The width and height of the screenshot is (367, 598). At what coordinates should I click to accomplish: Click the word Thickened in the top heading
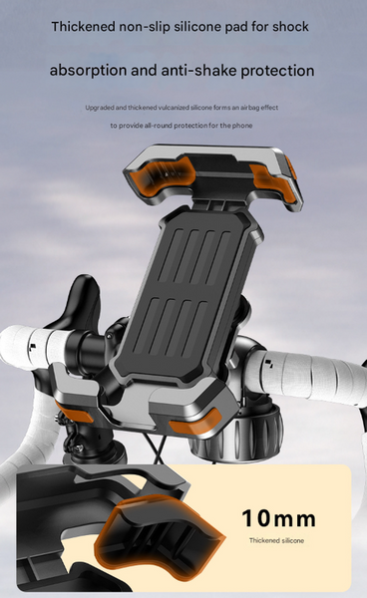tap(83, 26)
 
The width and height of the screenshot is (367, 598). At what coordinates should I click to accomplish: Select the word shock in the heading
tap(290, 26)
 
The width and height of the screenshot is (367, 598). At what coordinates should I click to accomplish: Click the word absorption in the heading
tap(88, 71)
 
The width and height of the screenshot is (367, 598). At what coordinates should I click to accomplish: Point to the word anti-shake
tap(198, 70)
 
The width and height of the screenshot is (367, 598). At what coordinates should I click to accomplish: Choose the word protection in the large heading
tap(277, 71)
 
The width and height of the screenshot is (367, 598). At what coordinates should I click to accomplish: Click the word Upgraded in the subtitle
tap(99, 108)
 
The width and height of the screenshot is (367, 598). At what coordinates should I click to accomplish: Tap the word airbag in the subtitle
tap(250, 108)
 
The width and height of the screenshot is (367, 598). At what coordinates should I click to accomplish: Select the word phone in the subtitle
tap(242, 126)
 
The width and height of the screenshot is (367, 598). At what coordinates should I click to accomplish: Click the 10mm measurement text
tap(279, 518)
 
